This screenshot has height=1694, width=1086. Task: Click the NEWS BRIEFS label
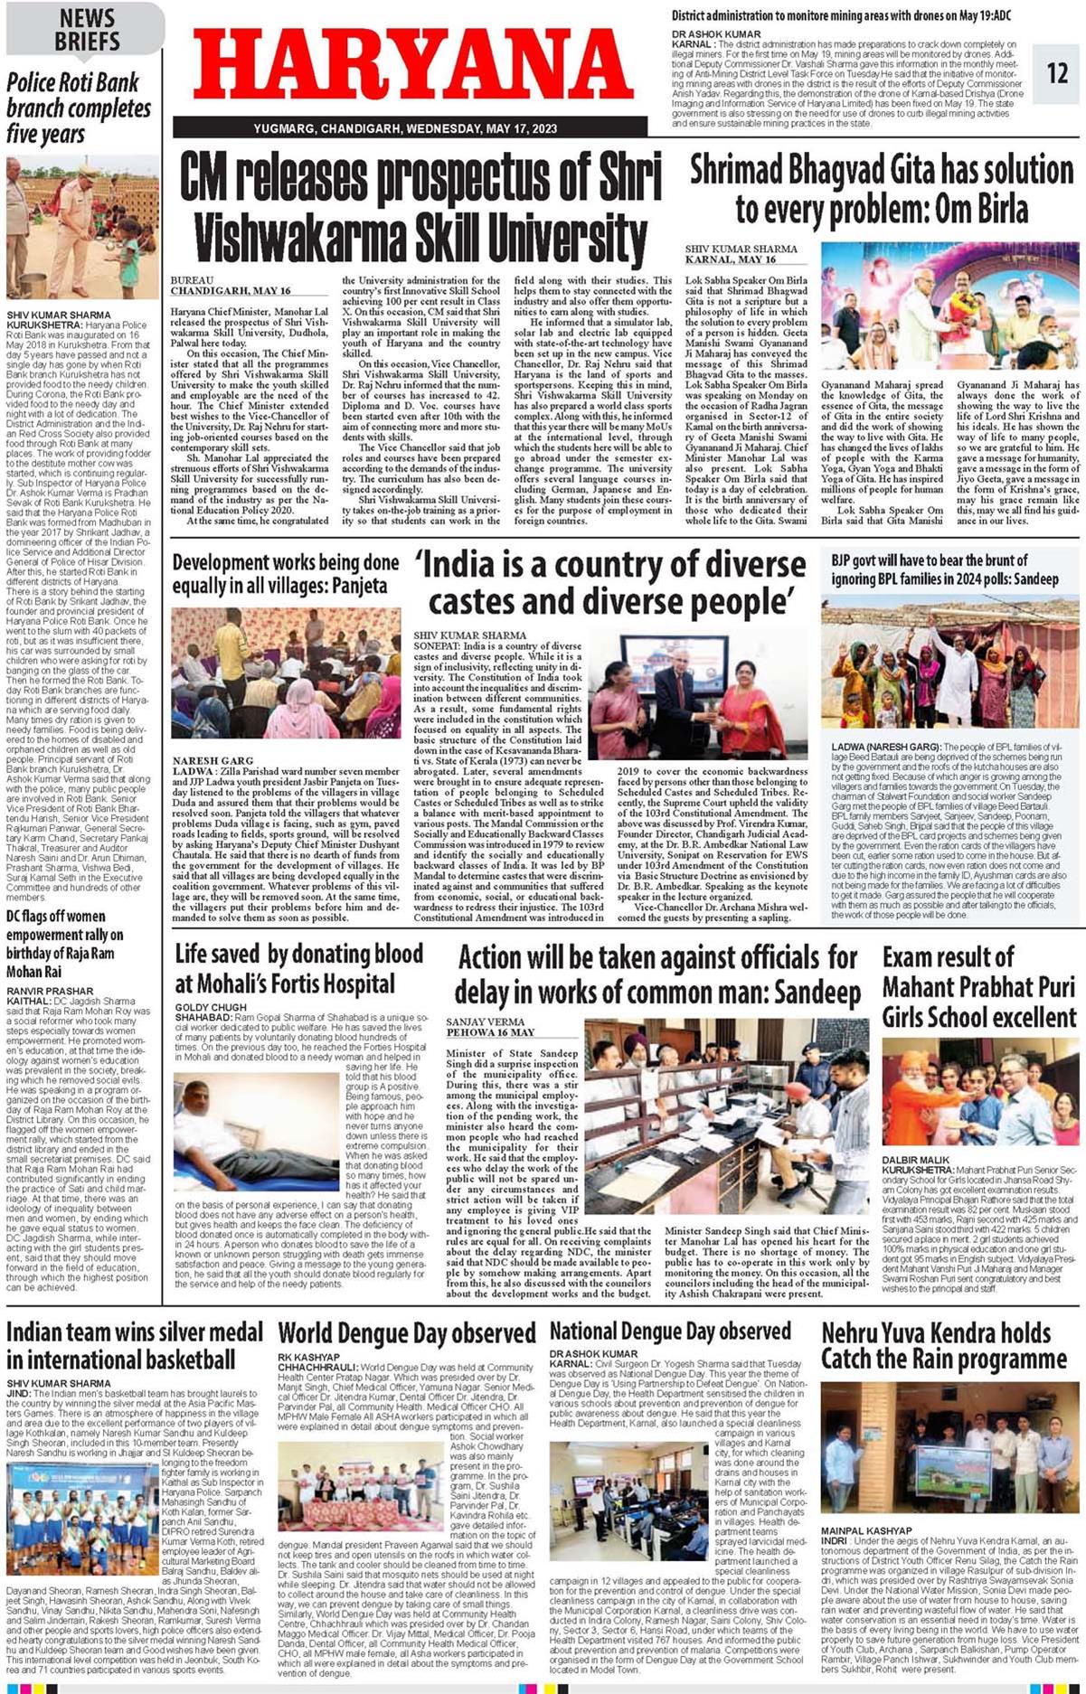(87, 30)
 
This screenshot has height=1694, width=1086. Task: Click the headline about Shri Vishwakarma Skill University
(420, 206)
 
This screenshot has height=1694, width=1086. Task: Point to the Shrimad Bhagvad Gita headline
(882, 189)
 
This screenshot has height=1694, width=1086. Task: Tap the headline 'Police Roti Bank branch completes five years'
(79, 108)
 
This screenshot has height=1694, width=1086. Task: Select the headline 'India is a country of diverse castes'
(610, 583)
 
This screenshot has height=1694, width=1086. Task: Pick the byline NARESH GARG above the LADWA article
(213, 761)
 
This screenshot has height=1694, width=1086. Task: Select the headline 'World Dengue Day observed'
(407, 1333)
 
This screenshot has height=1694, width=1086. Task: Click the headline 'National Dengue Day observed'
(670, 1332)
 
